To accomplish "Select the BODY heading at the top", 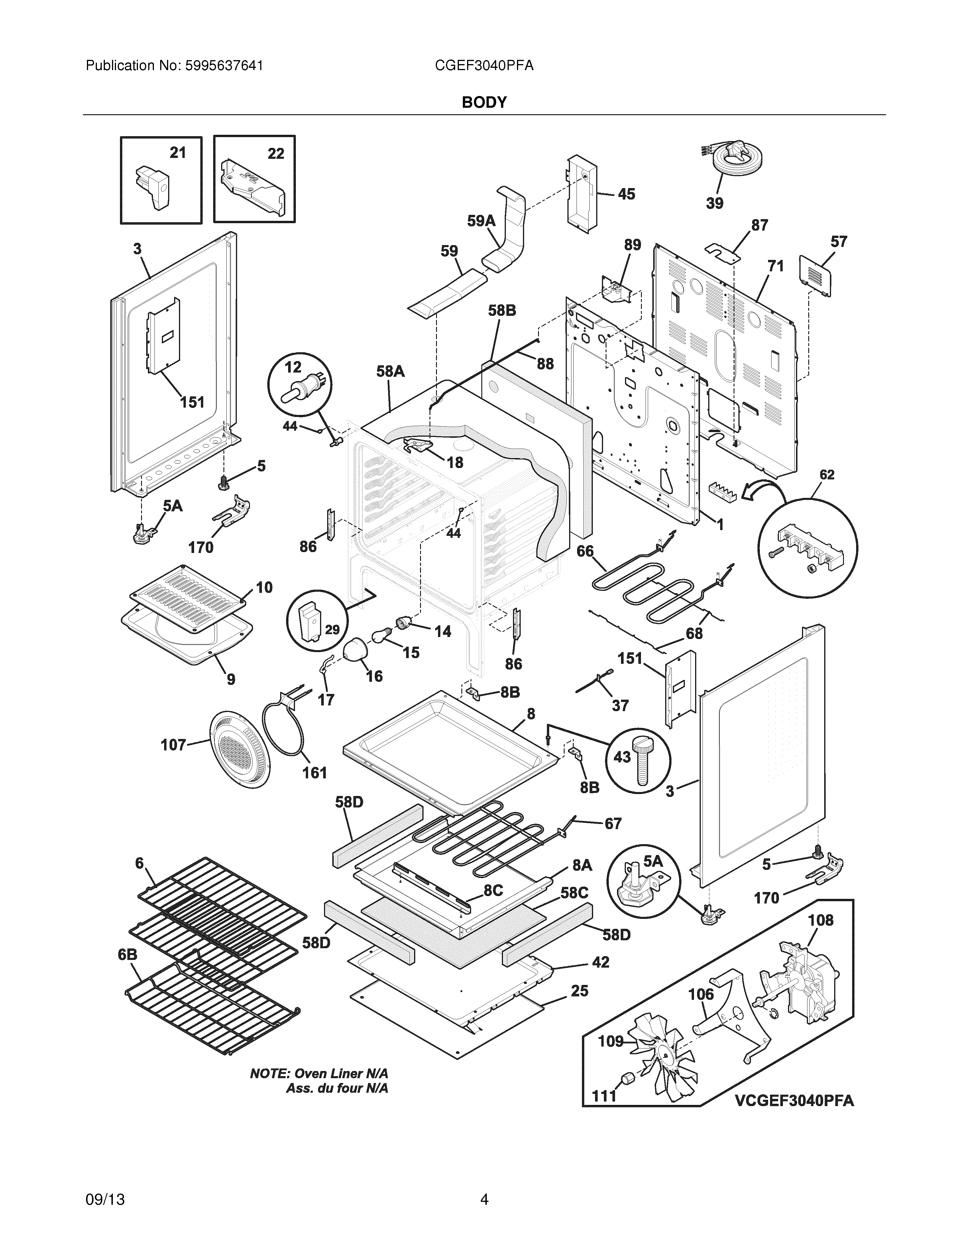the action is tap(484, 102).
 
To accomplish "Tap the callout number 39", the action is tap(715, 203).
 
